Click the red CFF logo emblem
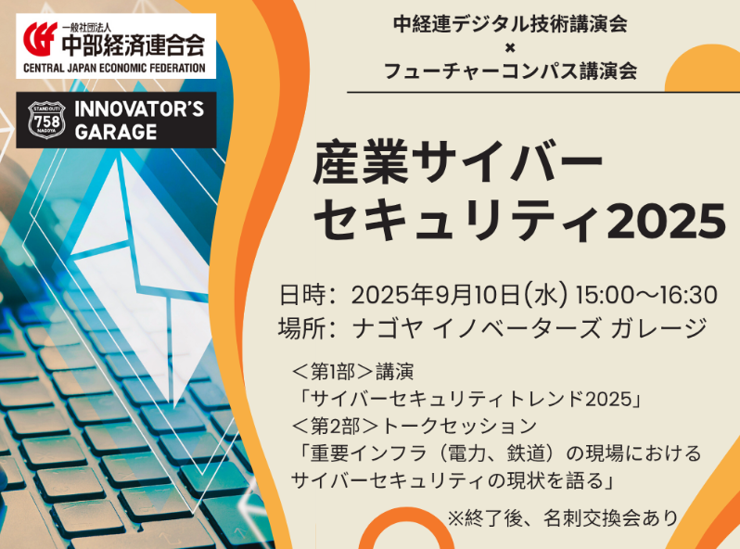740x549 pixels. coord(40,39)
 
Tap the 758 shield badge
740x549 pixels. coord(47,120)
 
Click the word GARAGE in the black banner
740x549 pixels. coord(116,132)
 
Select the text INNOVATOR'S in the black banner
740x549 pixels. coord(139,109)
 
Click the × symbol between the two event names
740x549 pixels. coord(510,47)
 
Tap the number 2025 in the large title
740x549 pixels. coord(666,221)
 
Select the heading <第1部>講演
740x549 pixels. coord(352,372)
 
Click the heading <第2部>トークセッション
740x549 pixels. coord(415,426)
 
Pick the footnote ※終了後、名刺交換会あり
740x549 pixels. coord(563,518)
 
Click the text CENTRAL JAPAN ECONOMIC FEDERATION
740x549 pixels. coord(114,68)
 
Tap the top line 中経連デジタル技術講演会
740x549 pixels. coord(510,24)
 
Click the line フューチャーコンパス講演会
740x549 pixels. coord(510,70)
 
